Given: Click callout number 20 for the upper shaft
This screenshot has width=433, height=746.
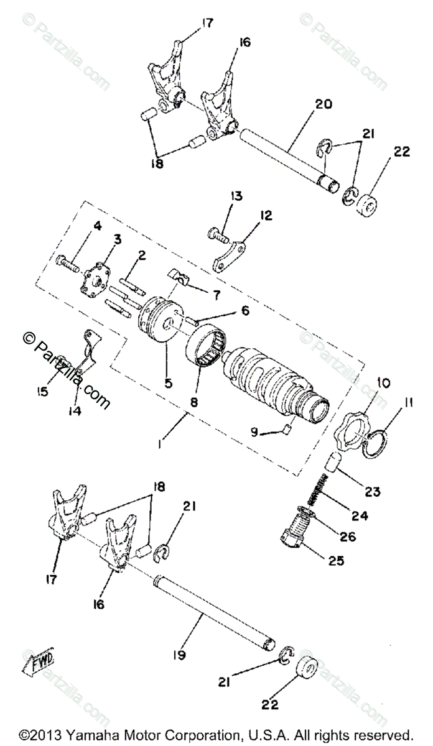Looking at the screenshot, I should point(324,104).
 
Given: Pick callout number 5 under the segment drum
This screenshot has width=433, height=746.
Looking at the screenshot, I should point(168,384).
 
